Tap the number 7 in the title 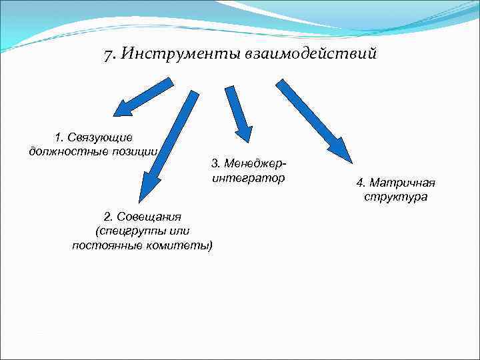[108, 53]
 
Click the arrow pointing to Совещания [170, 143]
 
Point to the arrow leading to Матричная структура [313, 120]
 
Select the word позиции [139, 151]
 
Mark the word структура [395, 197]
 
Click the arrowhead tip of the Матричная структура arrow [351, 162]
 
